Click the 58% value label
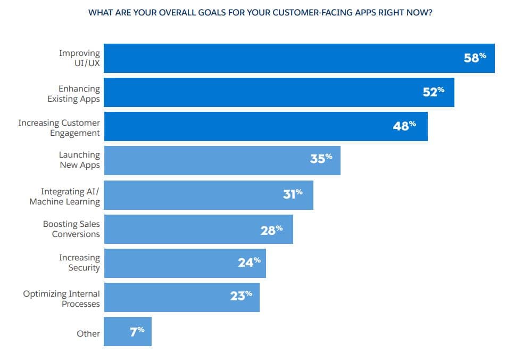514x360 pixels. coord(475,58)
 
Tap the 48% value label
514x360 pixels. coord(404,126)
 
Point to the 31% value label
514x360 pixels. coord(293,194)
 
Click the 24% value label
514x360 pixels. coord(249,262)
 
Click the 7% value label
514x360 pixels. coord(137,331)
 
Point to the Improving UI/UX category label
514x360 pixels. coord(79,58)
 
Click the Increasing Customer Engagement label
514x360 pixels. coord(59,128)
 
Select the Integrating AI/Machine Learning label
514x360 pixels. coord(64,197)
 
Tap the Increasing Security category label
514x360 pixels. coord(79,263)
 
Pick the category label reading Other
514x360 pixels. coord(88,333)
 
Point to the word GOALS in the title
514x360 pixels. coord(190,12)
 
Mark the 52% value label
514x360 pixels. coord(433,92)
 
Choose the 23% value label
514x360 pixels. coord(241,296)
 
